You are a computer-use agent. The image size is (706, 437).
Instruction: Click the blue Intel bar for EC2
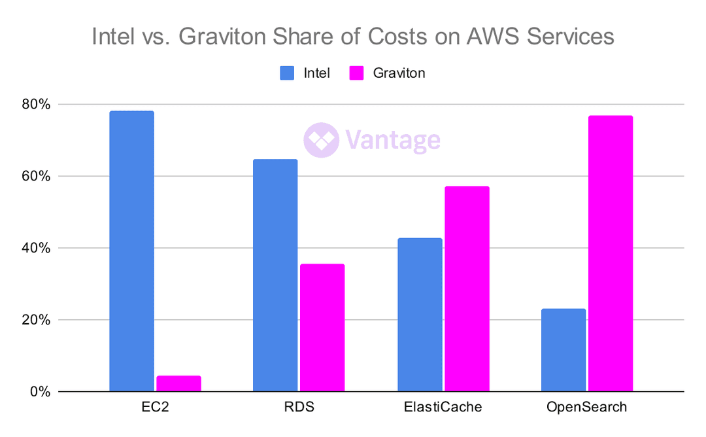(x=131, y=251)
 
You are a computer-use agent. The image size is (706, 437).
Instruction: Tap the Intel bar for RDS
(x=275, y=275)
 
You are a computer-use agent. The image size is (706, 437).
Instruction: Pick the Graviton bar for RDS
(x=322, y=328)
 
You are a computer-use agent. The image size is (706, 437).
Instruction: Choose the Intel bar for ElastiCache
(x=420, y=315)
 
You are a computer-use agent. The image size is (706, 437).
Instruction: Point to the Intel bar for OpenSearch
(x=563, y=350)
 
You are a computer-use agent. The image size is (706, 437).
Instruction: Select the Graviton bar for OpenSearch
(x=611, y=254)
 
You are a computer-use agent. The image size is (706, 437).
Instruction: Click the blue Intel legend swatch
(x=288, y=73)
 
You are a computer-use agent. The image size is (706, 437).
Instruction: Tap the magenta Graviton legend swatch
(x=356, y=73)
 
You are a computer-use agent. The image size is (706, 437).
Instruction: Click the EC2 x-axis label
(x=155, y=408)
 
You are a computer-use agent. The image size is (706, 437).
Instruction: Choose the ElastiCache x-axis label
(x=443, y=408)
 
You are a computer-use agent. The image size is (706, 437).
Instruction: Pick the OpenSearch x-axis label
(x=586, y=408)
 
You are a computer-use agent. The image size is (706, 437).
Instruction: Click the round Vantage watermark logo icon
(x=321, y=140)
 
